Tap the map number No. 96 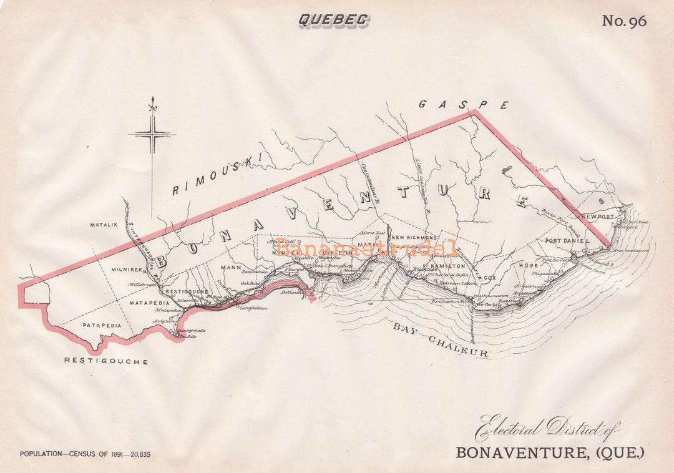(x=623, y=21)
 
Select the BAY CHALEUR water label (x=439, y=340)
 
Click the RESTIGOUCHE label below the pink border (x=106, y=361)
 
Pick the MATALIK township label (x=104, y=225)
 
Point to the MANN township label (x=231, y=268)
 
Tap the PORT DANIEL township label (x=567, y=241)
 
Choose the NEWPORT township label (x=598, y=217)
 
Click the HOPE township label (x=528, y=265)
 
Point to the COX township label (x=489, y=276)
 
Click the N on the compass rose (x=152, y=108)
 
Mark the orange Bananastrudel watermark (x=367, y=248)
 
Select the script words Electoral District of (x=547, y=429)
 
